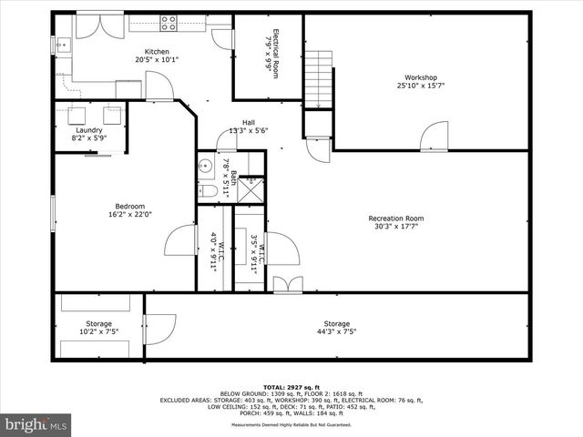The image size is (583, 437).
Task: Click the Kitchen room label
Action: pyautogui.click(x=157, y=53)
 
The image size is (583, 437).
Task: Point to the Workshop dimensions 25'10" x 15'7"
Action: pyautogui.click(x=421, y=86)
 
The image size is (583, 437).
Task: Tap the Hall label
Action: pyautogui.click(x=248, y=122)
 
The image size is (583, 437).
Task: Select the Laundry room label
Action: pyautogui.click(x=88, y=130)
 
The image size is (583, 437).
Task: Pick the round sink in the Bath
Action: pyautogui.click(x=207, y=167)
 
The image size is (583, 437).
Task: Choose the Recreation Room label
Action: pyautogui.click(x=395, y=218)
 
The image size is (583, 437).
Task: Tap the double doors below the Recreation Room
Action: pyautogui.click(x=287, y=284)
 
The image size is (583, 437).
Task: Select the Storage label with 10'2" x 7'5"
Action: pyautogui.click(x=98, y=324)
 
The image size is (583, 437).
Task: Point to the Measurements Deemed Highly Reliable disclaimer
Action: pyautogui.click(x=291, y=425)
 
